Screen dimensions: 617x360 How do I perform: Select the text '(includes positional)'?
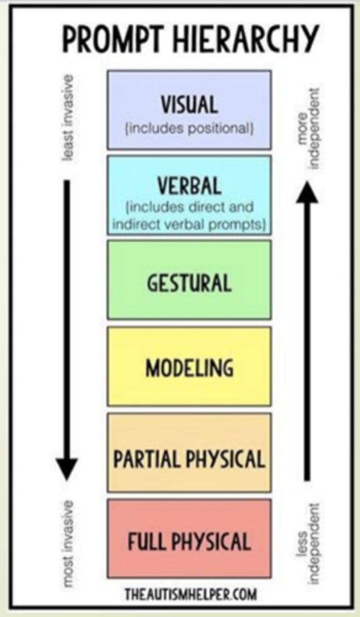pyautogui.click(x=189, y=128)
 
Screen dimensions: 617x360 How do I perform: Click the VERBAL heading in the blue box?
pyautogui.click(x=189, y=186)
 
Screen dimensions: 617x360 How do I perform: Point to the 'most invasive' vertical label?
pyautogui.click(x=67, y=542)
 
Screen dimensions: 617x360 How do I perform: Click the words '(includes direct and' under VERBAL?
pyautogui.click(x=189, y=208)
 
